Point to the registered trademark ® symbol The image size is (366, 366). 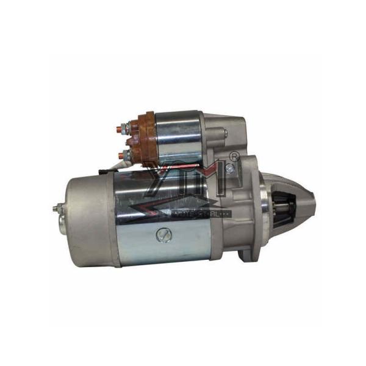point(232,156)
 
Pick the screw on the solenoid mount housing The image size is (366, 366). point(225,132)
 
